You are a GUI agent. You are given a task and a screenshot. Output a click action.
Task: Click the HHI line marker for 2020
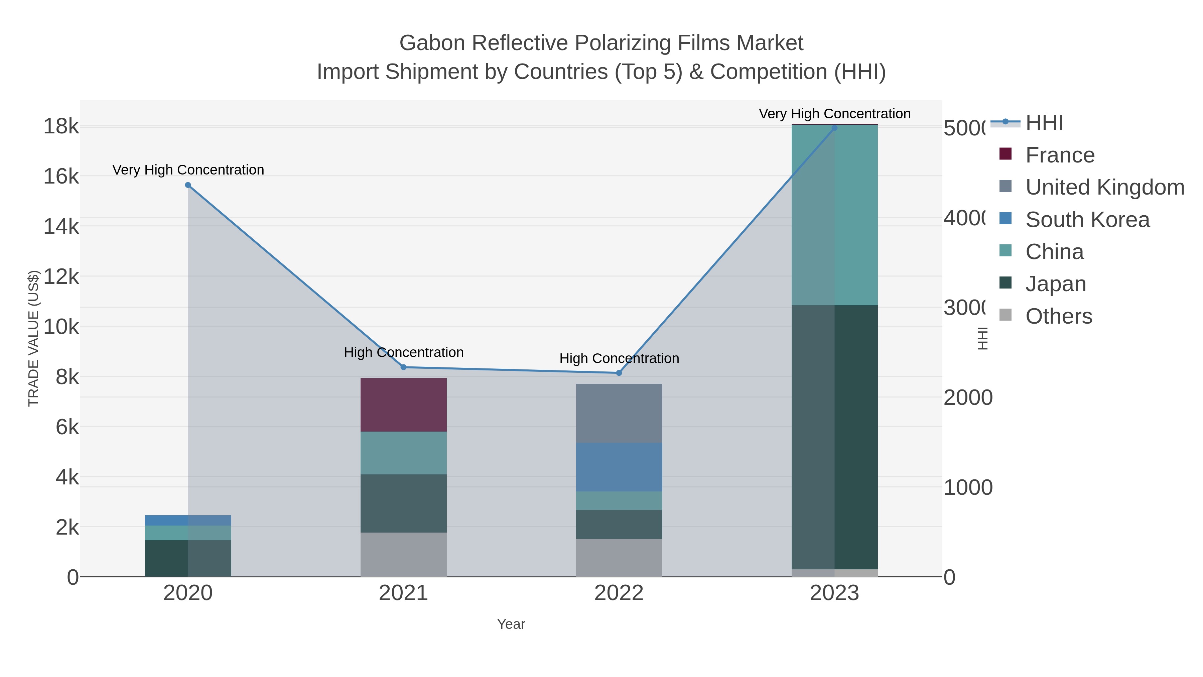click(x=188, y=185)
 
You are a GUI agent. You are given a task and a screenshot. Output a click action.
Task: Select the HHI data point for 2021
click(x=403, y=367)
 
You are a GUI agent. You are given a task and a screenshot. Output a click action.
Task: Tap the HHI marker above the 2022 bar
click(x=619, y=373)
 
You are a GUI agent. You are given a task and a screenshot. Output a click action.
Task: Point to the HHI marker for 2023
click(x=834, y=128)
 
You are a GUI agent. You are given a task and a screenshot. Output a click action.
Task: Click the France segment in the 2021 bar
click(x=403, y=405)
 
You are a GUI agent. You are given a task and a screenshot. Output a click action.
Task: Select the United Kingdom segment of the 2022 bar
click(x=619, y=413)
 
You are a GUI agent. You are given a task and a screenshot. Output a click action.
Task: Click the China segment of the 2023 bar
click(x=834, y=215)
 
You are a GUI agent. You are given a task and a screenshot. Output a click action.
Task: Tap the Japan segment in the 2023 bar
click(x=834, y=437)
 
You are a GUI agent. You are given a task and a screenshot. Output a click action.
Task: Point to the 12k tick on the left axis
click(x=61, y=276)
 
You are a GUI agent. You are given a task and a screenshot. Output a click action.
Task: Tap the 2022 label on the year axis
click(x=619, y=593)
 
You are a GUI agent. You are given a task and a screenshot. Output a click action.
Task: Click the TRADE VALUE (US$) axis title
click(x=34, y=338)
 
